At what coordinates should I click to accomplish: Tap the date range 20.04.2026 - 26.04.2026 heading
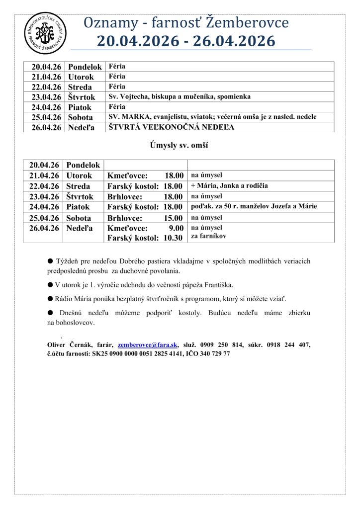[186, 41]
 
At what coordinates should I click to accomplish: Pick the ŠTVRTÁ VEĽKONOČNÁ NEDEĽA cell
[172, 127]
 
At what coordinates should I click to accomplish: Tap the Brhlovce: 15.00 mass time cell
[146, 218]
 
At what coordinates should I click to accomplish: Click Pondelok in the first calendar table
[85, 67]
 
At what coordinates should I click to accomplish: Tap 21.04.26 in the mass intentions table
[44, 175]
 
